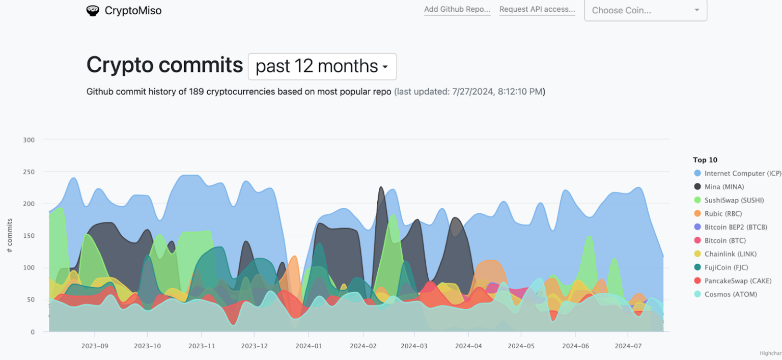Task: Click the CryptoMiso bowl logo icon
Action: (x=93, y=10)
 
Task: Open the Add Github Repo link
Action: (x=457, y=10)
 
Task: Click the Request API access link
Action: (x=537, y=10)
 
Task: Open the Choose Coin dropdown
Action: (x=645, y=10)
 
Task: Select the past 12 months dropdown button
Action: (x=322, y=66)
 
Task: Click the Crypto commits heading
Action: (x=164, y=65)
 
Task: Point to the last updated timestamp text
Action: (x=469, y=92)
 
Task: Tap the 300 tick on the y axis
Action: (x=29, y=140)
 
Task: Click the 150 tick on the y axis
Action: (x=29, y=236)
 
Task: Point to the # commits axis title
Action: (x=10, y=235)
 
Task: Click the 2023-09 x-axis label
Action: (x=95, y=346)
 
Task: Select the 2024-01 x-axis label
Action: (x=309, y=346)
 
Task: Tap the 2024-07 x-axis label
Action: (x=628, y=346)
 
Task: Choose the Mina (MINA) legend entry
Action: (x=723, y=187)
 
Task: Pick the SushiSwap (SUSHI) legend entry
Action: (x=734, y=201)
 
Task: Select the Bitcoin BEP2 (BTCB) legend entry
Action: (x=735, y=227)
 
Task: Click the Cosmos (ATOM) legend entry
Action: (x=729, y=294)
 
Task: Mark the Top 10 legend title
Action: (x=705, y=160)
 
